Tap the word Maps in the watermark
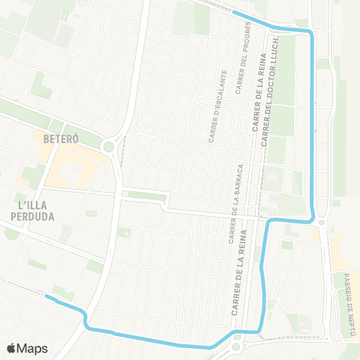[x=32, y=348]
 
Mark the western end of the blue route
[x=46, y=297]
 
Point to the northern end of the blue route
[x=235, y=13]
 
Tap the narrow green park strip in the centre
[x=146, y=196]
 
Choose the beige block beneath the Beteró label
[x=71, y=165]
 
